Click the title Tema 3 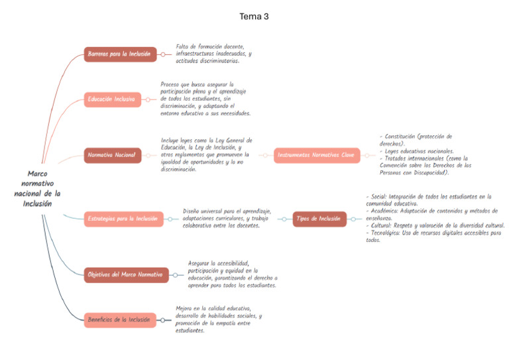tap(254, 17)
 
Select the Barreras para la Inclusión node tap(121, 54)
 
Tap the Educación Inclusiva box tap(112, 99)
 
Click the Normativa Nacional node tap(112, 156)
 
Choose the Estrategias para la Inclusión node tap(122, 218)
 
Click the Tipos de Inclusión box tap(319, 218)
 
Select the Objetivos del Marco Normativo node tap(126, 274)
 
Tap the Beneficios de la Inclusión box tap(120, 320)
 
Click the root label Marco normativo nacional tap(37, 188)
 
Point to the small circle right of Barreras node tap(163, 54)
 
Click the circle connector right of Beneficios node tap(162, 320)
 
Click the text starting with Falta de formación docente tap(213, 54)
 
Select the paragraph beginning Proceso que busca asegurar tap(205, 99)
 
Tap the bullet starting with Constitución tap(416, 139)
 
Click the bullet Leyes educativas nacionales tap(416, 150)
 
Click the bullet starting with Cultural tap(435, 225)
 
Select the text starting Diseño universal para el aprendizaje tap(226, 218)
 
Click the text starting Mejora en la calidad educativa tap(218, 319)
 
